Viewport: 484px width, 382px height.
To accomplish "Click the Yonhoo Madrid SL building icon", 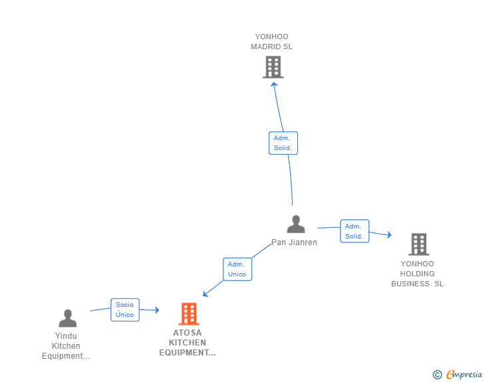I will (273, 67).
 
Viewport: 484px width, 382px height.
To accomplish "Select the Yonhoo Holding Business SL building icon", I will (418, 244).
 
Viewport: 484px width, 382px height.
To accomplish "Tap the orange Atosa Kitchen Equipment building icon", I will (189, 314).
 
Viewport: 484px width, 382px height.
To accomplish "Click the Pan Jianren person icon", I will (296, 225).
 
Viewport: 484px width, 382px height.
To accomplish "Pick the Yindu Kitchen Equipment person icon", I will (67, 318).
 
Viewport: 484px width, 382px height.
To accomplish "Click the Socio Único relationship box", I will (125, 310).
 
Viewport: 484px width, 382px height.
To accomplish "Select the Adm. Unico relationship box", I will (237, 269).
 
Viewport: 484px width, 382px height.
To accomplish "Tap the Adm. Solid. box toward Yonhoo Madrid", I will (283, 143).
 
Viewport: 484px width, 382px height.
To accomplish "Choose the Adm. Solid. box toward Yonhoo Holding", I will (354, 231).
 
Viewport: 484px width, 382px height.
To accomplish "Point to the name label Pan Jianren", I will (294, 242).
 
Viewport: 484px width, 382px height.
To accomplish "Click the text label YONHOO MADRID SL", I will (271, 42).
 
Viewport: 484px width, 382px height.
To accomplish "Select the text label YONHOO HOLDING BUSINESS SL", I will (417, 274).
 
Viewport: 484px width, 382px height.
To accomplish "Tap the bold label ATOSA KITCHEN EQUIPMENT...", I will (187, 343).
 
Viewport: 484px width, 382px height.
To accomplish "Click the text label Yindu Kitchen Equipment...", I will (66, 346).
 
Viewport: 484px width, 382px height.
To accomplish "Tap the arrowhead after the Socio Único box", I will (157, 310).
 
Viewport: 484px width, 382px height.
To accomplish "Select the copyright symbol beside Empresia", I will (437, 375).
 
